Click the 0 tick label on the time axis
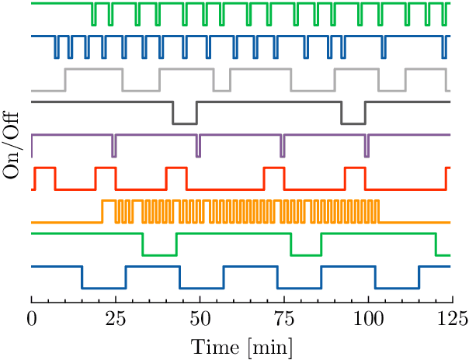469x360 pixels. pos(31,318)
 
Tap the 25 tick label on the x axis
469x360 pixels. pos(116,318)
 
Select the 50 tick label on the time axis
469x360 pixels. pos(200,318)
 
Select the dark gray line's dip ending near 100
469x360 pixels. pos(353,123)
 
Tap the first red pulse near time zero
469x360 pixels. pos(43,168)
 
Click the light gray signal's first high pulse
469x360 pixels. pos(93,70)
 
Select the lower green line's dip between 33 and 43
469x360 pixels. pos(159,254)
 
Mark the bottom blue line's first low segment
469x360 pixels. pos(103,288)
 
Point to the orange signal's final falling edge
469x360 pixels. pos(379,211)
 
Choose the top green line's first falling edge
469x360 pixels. pos(92,14)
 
